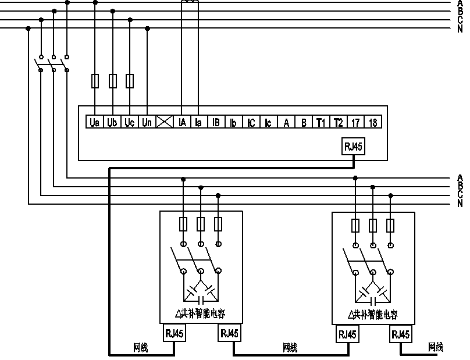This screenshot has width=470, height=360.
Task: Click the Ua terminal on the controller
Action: [95, 122]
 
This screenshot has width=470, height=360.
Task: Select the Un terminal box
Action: [147, 122]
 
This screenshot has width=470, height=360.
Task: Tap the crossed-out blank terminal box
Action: [165, 122]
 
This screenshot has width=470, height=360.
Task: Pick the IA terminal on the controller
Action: [182, 122]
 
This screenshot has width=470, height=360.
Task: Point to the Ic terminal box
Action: [268, 122]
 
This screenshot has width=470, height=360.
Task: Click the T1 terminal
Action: [321, 122]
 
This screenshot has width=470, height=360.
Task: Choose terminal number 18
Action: [373, 122]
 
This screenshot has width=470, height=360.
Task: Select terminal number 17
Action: [355, 122]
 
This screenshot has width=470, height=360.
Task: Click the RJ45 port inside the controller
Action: [353, 147]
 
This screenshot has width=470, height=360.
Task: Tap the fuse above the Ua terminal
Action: [95, 81]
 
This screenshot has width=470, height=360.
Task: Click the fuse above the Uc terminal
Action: [130, 81]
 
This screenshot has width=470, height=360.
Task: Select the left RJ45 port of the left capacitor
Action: [175, 333]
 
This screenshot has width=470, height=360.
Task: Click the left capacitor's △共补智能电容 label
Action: [200, 314]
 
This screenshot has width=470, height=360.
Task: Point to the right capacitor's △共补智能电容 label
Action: [372, 315]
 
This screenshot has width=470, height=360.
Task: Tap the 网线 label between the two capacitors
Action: [290, 347]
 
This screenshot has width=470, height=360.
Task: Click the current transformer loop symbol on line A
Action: [189, 3]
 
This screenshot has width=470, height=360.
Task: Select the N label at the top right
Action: [460, 28]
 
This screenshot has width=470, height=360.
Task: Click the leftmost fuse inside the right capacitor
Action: [355, 225]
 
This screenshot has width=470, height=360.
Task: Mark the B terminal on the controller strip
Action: [303, 122]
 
